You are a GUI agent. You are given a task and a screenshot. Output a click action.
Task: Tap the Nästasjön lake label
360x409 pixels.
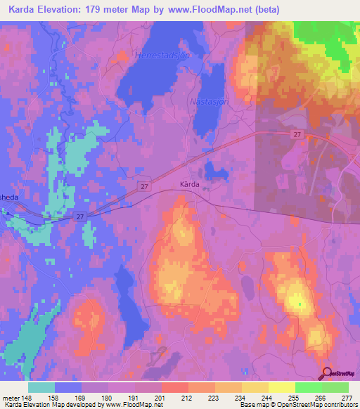pos(210,101)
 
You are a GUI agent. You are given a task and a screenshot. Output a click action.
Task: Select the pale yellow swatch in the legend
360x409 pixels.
pos(281,387)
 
